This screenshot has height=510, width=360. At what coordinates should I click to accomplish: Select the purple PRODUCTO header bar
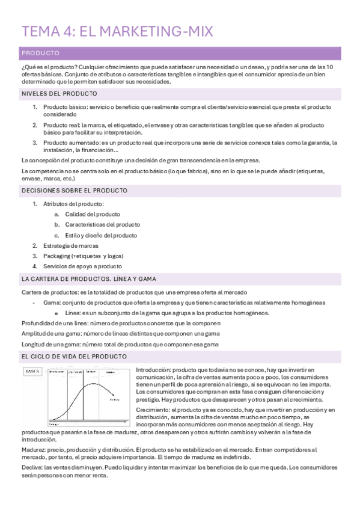point(180,54)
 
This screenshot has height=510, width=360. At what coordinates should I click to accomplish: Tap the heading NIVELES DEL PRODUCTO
point(59,94)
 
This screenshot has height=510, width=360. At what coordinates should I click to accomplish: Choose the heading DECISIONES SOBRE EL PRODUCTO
point(74,190)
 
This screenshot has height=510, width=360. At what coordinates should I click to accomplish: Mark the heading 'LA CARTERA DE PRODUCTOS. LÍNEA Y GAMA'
point(88,279)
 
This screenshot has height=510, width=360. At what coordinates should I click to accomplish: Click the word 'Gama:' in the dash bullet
point(52,303)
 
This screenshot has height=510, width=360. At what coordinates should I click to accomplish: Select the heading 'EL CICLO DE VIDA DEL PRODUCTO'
point(74,357)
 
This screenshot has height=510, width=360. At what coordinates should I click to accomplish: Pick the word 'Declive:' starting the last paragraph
point(32,467)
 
